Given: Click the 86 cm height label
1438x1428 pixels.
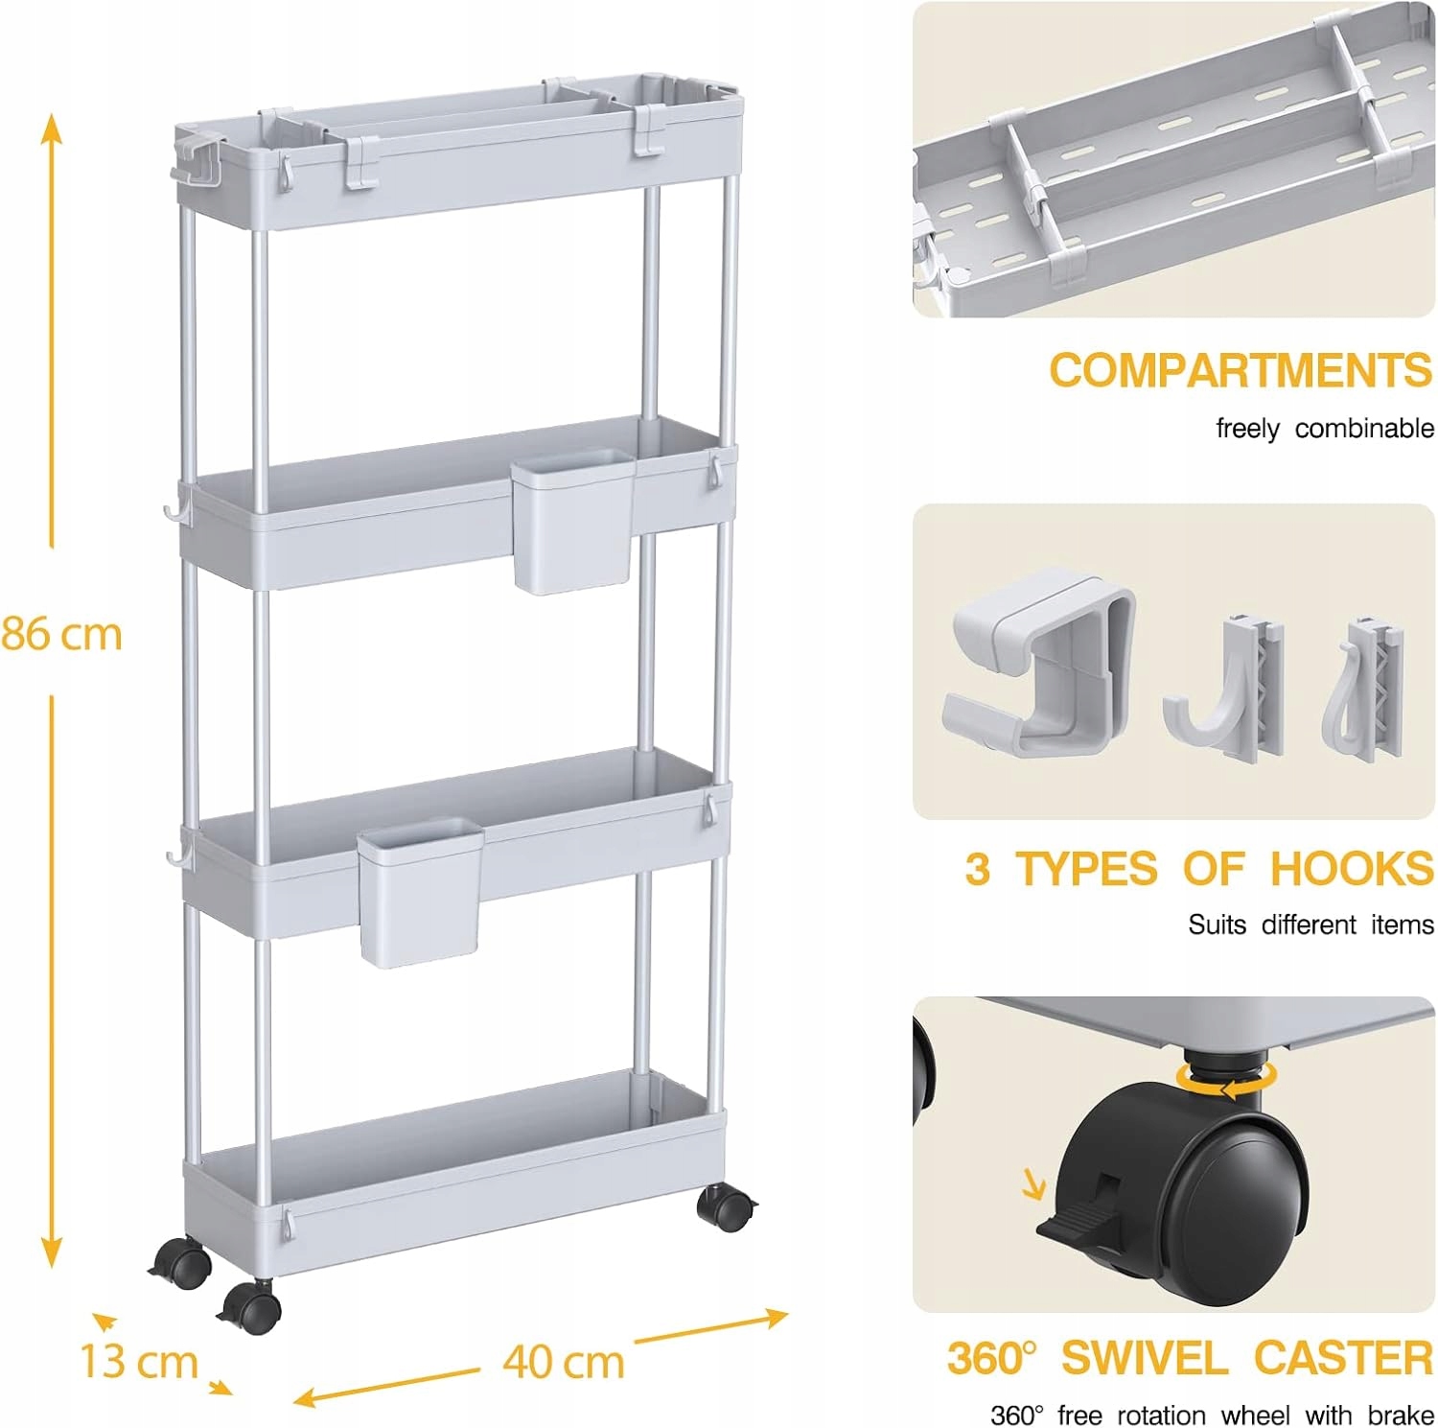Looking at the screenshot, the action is (x=62, y=634).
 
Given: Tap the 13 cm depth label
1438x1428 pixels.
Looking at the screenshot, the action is (x=139, y=1361).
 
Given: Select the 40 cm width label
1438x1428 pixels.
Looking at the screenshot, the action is (x=564, y=1361).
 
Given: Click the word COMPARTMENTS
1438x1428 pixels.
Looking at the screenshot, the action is (x=1241, y=370).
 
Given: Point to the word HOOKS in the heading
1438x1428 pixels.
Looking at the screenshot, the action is (x=1352, y=869).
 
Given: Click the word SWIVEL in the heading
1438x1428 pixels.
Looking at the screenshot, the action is (x=1145, y=1358).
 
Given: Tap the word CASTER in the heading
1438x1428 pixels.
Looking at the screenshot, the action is (x=1344, y=1358).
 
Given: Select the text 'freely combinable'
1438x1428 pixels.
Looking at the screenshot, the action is (x=1325, y=429).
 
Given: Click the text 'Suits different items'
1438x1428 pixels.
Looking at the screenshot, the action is (x=1310, y=925).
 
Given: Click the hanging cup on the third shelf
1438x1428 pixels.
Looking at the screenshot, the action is (x=421, y=891).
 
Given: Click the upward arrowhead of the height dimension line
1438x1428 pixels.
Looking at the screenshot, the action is (x=52, y=127).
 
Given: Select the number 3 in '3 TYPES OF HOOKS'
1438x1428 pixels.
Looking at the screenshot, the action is (x=977, y=869).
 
